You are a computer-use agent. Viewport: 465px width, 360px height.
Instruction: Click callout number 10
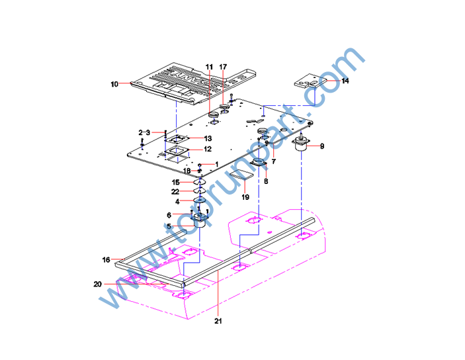[114, 84]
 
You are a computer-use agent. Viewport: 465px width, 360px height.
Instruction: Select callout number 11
[209, 67]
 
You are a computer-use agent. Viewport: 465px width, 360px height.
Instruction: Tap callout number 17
[224, 67]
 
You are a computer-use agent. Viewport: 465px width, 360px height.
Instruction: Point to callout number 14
[345, 81]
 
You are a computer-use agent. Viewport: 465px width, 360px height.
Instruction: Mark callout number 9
[322, 146]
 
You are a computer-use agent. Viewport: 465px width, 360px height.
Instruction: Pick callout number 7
[273, 162]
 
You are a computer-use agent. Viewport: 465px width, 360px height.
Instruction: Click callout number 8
[266, 181]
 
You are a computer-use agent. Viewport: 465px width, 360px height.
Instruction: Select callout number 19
[245, 197]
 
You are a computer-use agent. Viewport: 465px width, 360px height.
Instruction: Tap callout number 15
[176, 182]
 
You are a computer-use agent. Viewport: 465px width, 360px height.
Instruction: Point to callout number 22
[176, 191]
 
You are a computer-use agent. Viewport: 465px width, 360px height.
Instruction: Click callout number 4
[177, 201]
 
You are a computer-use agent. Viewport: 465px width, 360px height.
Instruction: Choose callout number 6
[169, 215]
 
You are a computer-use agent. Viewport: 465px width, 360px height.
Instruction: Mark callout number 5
[169, 226]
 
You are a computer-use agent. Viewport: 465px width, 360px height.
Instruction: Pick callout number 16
[106, 260]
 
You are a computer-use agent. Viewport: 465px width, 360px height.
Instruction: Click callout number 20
[98, 284]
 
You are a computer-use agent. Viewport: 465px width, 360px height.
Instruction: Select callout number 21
[218, 322]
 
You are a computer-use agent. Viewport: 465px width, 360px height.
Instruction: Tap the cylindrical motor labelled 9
[301, 146]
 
